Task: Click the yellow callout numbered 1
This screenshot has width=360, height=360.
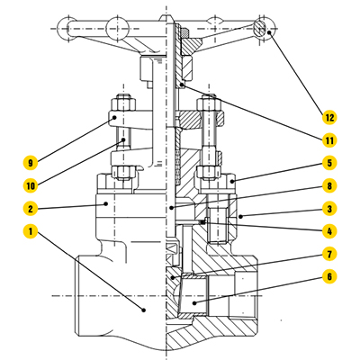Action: [x=31, y=231]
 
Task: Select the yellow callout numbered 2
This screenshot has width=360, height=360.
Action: [x=31, y=209]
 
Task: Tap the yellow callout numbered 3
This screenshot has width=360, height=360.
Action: [x=329, y=209]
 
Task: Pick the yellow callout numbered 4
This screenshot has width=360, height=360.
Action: [x=329, y=231]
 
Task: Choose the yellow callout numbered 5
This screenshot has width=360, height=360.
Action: [x=329, y=163]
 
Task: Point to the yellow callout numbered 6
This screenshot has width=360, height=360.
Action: [x=329, y=276]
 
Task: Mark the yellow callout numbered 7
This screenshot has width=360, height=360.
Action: [x=329, y=254]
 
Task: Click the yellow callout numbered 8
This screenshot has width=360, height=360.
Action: [x=329, y=185]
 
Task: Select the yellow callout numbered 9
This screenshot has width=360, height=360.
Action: [x=31, y=163]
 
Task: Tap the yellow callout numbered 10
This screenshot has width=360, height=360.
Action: [x=31, y=185]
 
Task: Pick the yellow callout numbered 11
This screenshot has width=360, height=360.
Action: [x=329, y=140]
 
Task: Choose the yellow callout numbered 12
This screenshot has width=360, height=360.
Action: [x=329, y=117]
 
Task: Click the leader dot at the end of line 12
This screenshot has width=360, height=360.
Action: [x=269, y=32]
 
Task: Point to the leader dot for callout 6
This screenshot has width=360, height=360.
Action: [x=194, y=303]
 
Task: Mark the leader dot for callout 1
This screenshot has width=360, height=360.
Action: [x=144, y=310]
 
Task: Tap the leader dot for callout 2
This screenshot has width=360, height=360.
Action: [x=106, y=203]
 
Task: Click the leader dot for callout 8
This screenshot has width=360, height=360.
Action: [x=171, y=207]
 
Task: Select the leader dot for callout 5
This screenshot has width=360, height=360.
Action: [x=230, y=181]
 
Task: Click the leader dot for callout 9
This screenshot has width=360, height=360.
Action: [x=114, y=118]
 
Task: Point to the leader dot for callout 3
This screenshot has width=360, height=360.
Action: [x=240, y=216]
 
